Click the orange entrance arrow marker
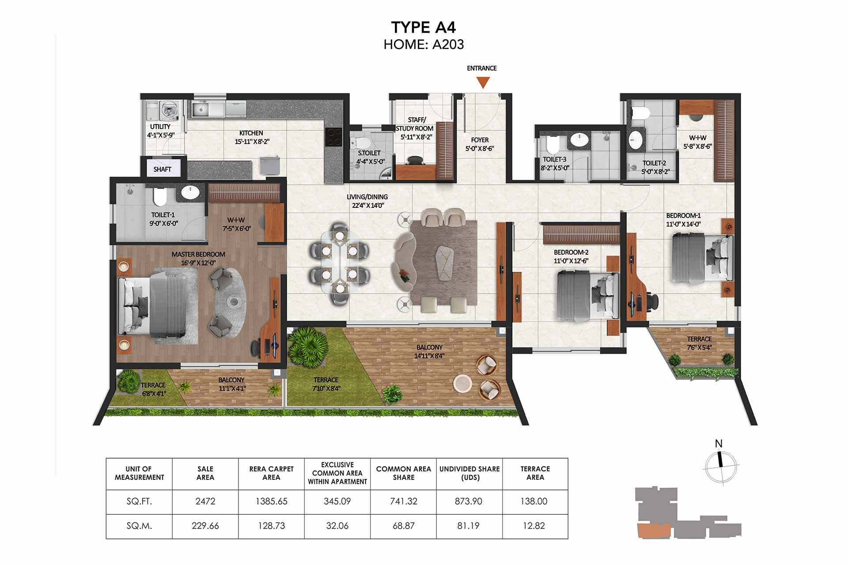(483, 82)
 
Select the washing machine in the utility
(168, 111)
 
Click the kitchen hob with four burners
(333, 137)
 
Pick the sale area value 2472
(205, 501)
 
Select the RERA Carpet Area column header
(271, 473)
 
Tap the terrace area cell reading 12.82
(534, 526)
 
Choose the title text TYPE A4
(424, 27)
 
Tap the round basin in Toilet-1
(190, 192)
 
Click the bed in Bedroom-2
(587, 295)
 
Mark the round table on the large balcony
(463, 383)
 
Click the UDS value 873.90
(469, 501)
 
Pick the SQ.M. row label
(139, 526)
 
